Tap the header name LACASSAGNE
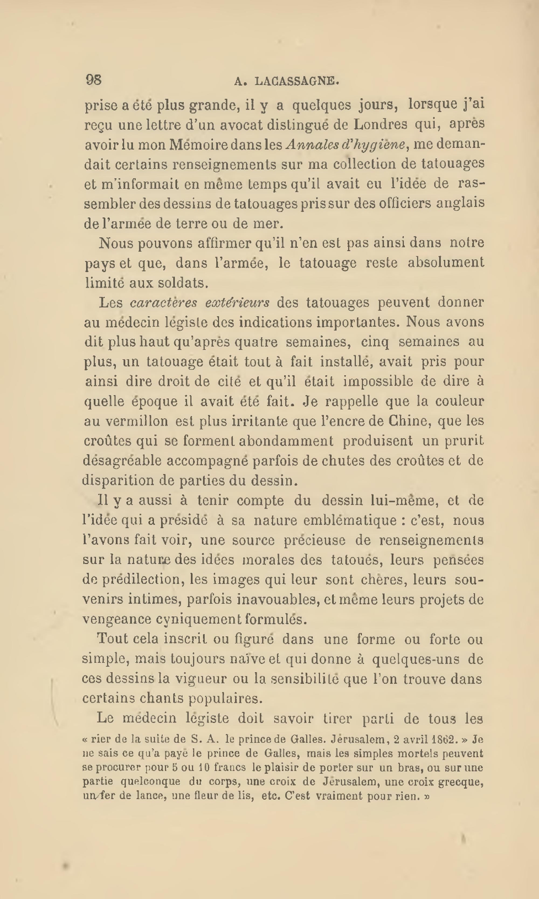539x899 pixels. pyautogui.click(x=297, y=81)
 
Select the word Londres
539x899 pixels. pyautogui.click(x=380, y=124)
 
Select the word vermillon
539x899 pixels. pyautogui.click(x=137, y=421)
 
